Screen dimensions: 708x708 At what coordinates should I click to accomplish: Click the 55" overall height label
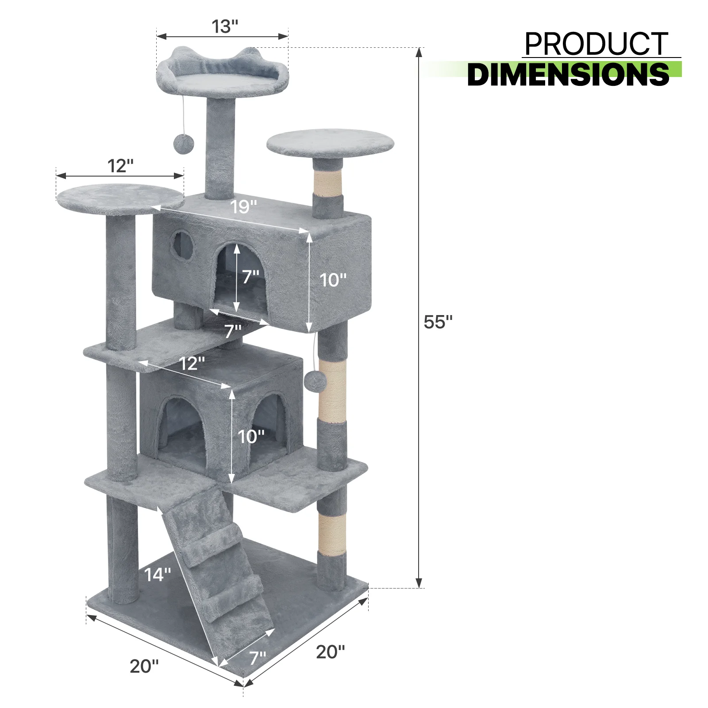point(438,322)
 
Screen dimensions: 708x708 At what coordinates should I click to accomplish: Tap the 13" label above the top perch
point(225,27)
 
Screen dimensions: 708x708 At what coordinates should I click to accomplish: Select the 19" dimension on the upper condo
point(243,207)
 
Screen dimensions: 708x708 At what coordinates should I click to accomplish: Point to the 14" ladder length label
point(158,574)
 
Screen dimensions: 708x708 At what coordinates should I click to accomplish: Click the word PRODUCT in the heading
point(596,44)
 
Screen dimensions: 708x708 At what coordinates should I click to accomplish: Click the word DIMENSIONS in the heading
point(568,74)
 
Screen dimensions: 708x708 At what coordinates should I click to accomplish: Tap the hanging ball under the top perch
point(182,144)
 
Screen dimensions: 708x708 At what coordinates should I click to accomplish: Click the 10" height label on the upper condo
point(333,280)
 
